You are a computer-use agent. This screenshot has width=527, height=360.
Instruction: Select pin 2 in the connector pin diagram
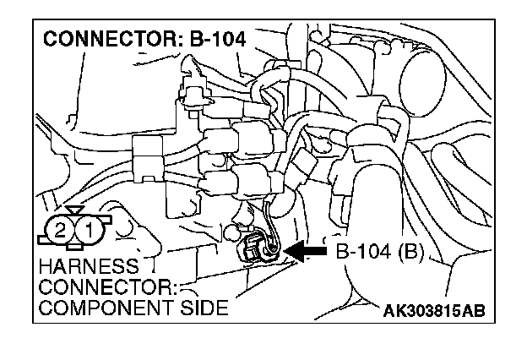(x=59, y=229)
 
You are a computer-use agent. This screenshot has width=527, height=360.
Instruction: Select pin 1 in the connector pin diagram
(x=90, y=229)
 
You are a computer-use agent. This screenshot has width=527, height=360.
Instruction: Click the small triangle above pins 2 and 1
(x=74, y=208)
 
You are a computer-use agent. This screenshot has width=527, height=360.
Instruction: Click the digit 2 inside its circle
(x=59, y=229)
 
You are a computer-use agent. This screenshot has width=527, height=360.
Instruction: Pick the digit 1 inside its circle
(x=90, y=229)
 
